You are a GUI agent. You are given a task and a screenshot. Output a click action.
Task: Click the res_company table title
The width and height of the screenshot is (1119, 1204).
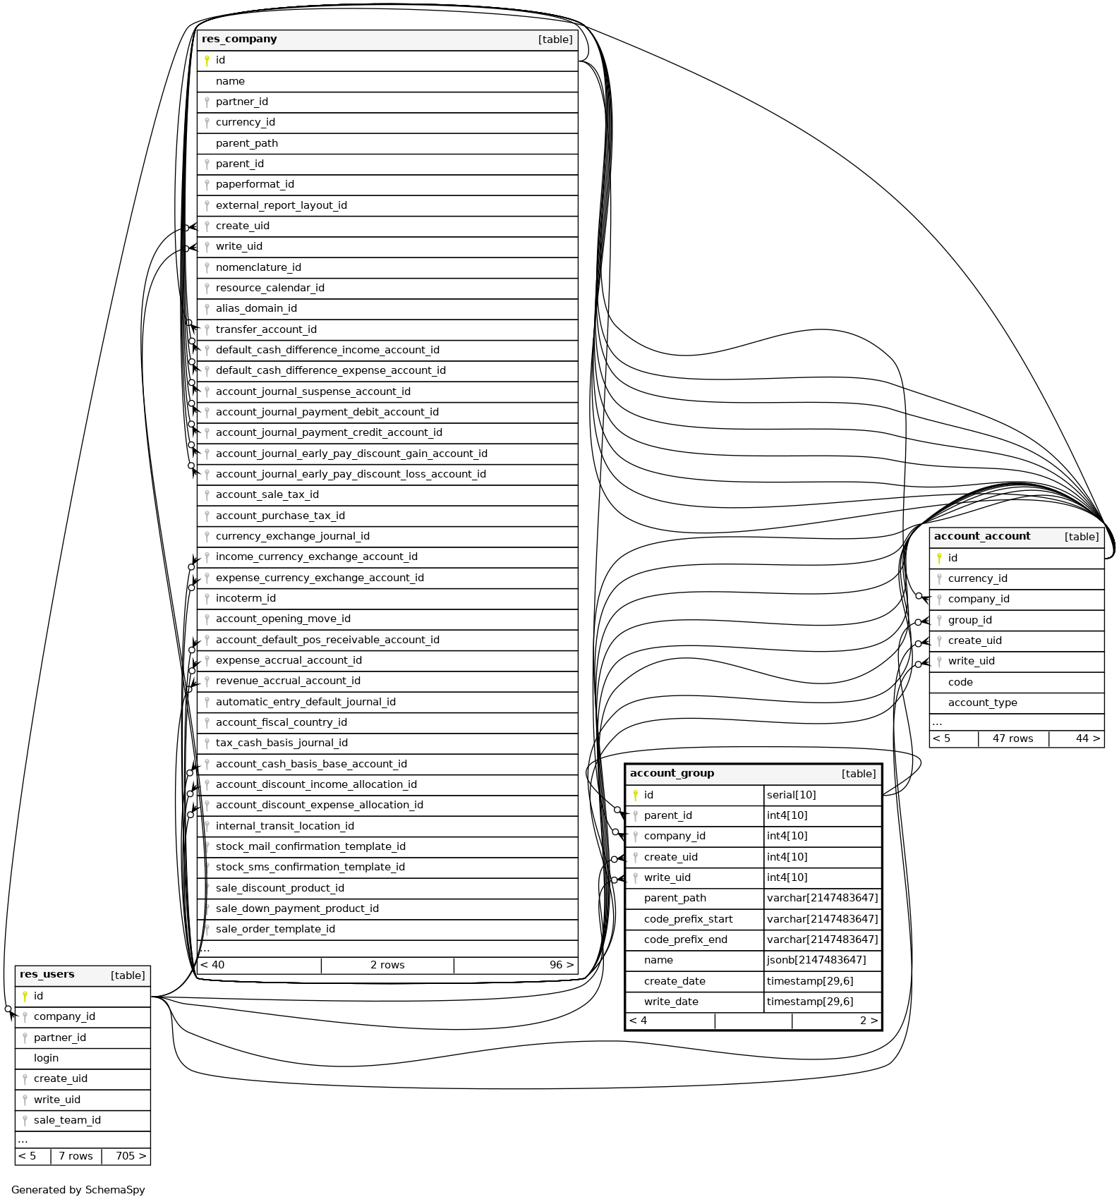click(x=239, y=39)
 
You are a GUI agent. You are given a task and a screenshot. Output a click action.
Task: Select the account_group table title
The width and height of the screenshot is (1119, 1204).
click(x=672, y=774)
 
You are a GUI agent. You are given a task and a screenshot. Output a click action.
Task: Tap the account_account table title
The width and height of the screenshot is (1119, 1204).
click(x=981, y=537)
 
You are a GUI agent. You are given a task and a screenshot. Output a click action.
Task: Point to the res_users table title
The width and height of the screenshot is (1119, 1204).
click(x=47, y=975)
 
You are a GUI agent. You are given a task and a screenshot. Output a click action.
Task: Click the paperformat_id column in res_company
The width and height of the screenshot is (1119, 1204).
click(x=255, y=185)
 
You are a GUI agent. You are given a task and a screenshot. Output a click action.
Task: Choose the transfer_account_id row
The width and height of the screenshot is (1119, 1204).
click(x=266, y=329)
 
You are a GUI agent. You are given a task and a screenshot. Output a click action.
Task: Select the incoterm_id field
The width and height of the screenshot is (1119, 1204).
click(x=246, y=598)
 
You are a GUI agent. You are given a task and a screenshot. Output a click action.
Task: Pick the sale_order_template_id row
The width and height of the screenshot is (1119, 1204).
click(x=275, y=929)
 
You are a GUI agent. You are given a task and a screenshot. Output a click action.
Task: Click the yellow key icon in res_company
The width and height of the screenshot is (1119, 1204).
click(x=207, y=61)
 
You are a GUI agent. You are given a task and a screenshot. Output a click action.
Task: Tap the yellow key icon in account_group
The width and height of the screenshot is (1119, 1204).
click(x=635, y=795)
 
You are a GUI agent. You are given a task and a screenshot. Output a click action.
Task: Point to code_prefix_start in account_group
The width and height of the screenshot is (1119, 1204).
click(x=688, y=919)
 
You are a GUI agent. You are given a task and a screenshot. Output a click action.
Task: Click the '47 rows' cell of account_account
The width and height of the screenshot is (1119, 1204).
click(x=1012, y=738)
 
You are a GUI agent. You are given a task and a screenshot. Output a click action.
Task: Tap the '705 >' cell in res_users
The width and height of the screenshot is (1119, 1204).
click(x=131, y=1156)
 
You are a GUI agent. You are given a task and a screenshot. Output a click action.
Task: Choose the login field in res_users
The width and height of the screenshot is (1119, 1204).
click(x=46, y=1058)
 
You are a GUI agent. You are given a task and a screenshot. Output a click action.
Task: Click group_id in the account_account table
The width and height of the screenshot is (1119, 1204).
click(x=969, y=620)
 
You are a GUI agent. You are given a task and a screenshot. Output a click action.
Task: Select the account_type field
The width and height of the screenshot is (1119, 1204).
click(x=982, y=703)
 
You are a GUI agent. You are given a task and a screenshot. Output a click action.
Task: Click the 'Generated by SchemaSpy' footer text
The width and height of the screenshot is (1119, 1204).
click(x=78, y=1190)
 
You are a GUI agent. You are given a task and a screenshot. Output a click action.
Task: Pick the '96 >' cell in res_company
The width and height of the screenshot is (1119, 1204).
click(x=561, y=965)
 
